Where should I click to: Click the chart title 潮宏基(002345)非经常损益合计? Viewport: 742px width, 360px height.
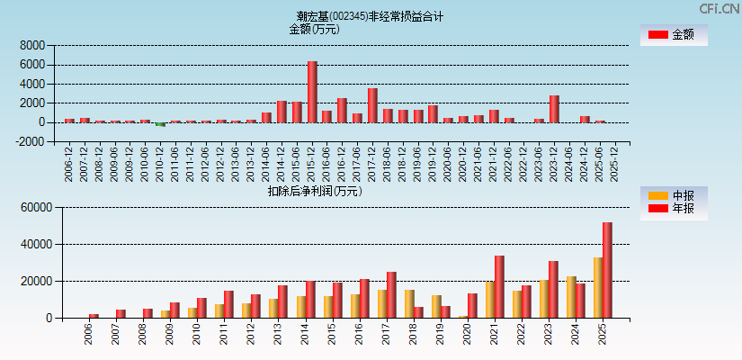point(370,16)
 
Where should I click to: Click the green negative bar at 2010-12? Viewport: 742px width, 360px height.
point(160,124)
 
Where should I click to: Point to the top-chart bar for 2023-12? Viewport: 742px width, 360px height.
point(554,109)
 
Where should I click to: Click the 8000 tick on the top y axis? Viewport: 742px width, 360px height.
point(32,45)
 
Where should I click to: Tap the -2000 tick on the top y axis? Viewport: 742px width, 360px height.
point(31,141)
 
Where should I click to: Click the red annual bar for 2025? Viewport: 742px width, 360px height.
point(607,270)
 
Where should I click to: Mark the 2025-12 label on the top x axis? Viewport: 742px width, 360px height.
point(615,162)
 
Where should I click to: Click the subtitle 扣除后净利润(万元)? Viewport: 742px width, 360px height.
point(315,191)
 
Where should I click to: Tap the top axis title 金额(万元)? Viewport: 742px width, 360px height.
point(314,29)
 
